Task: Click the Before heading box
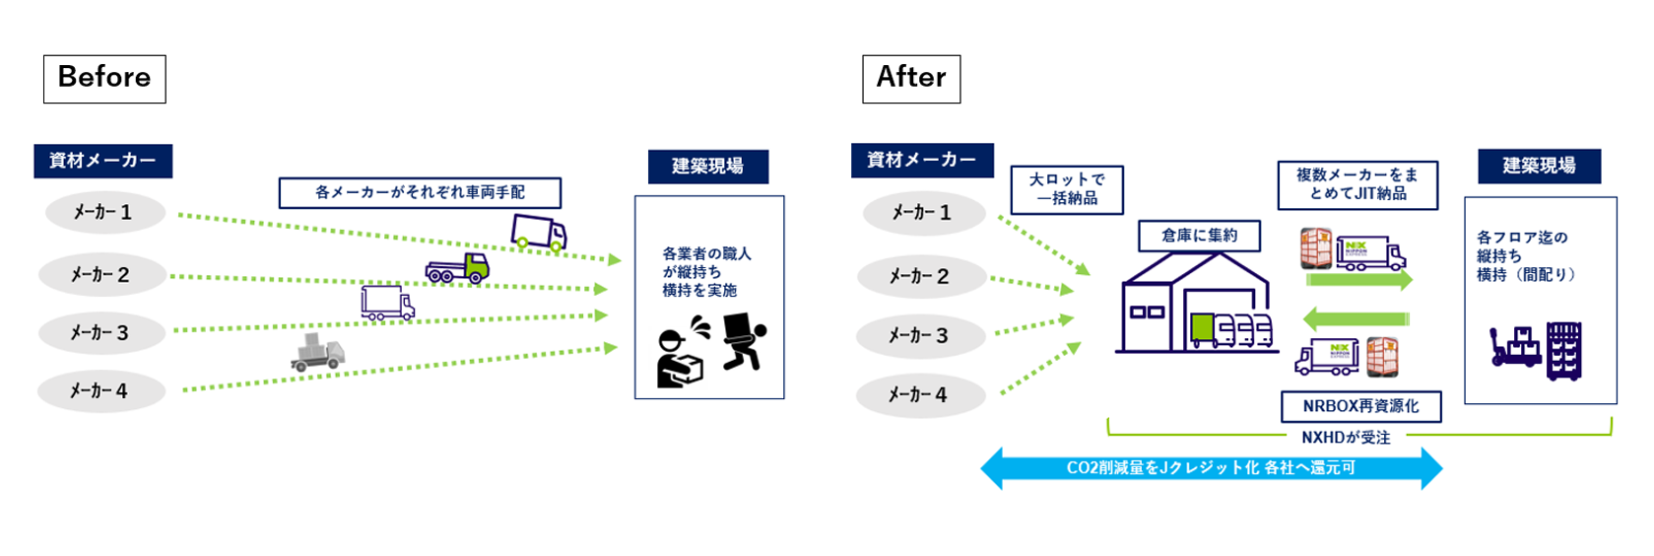[x=104, y=79]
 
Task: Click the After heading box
[x=911, y=79]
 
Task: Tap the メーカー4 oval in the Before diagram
[x=99, y=391]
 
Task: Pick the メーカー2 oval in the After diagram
[x=920, y=277]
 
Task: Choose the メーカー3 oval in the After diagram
[x=919, y=336]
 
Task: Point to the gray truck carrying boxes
[x=317, y=352]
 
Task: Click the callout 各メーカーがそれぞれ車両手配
[x=420, y=192]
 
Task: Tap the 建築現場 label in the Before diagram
[x=707, y=167]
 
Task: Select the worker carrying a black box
[x=744, y=341]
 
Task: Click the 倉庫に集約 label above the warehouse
[x=1199, y=236]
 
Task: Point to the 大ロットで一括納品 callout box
[x=1067, y=189]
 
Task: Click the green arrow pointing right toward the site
[x=1358, y=280]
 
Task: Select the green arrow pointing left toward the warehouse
[x=1356, y=318]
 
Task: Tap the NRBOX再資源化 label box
[x=1360, y=406]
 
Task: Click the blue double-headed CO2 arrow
[x=1211, y=468]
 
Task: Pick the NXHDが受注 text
[x=1346, y=437]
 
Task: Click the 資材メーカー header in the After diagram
[x=921, y=160]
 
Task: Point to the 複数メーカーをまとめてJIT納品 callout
[x=1356, y=184]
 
